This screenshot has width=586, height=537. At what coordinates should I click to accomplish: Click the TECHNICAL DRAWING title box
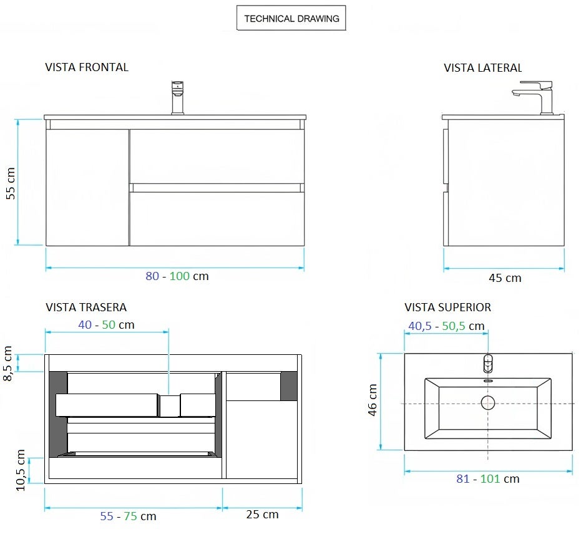click(x=291, y=19)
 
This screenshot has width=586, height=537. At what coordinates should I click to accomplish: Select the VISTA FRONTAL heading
click(x=87, y=67)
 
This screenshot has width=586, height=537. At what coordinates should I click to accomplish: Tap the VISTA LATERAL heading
click(x=482, y=67)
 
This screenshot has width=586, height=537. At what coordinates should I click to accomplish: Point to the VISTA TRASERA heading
click(x=86, y=307)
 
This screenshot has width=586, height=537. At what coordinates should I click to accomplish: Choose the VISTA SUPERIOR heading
click(x=447, y=307)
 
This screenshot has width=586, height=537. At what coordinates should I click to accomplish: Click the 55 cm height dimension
click(x=10, y=183)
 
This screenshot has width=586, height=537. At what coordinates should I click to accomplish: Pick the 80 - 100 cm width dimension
click(x=177, y=276)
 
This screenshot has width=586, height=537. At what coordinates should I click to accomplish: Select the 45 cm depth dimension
click(x=504, y=278)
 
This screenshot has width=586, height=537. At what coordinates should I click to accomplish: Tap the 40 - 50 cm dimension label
click(x=106, y=325)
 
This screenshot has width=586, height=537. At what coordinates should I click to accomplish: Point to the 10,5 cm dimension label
click(x=20, y=470)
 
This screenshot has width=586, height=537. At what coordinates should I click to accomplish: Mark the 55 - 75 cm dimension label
click(x=128, y=516)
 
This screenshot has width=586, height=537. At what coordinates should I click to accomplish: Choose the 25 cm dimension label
click(x=262, y=515)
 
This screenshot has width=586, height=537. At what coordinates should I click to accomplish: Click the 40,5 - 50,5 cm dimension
click(x=446, y=326)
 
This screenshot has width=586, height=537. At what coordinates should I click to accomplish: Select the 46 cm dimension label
click(x=373, y=400)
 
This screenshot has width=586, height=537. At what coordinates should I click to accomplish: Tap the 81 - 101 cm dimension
click(x=487, y=479)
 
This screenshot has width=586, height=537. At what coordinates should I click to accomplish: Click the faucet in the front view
click(x=178, y=97)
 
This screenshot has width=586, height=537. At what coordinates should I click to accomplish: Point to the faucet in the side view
click(x=537, y=97)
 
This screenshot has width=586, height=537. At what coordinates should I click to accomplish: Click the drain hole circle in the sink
click(x=487, y=403)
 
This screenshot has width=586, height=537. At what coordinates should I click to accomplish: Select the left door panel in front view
click(x=88, y=187)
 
